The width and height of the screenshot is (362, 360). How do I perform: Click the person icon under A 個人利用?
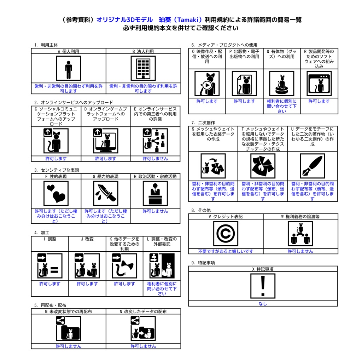(69, 68)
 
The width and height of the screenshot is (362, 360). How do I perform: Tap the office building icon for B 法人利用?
(143, 68)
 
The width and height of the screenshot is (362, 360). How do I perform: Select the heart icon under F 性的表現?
(56, 194)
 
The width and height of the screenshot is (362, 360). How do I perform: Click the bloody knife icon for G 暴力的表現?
(106, 194)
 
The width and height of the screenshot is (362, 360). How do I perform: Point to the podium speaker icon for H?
(155, 194)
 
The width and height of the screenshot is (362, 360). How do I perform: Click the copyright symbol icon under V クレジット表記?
(226, 234)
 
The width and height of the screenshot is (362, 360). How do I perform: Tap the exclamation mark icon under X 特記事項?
(263, 286)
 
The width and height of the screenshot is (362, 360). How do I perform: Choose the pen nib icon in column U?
(313, 166)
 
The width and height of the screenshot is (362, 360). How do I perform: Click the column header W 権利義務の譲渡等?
(300, 217)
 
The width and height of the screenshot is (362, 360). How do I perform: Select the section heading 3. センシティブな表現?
(57, 170)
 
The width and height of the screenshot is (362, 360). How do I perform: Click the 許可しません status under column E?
(156, 159)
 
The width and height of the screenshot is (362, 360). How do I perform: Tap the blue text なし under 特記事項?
(263, 304)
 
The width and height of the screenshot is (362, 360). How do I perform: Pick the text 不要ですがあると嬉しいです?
(226, 251)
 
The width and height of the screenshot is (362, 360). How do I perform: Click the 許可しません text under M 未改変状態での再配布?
(69, 346)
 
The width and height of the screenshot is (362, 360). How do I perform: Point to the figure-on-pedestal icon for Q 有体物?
(282, 84)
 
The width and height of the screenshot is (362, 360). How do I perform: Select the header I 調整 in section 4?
(50, 239)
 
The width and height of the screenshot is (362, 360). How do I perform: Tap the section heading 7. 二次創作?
(203, 122)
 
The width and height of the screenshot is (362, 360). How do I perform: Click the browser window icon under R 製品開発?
(319, 84)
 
